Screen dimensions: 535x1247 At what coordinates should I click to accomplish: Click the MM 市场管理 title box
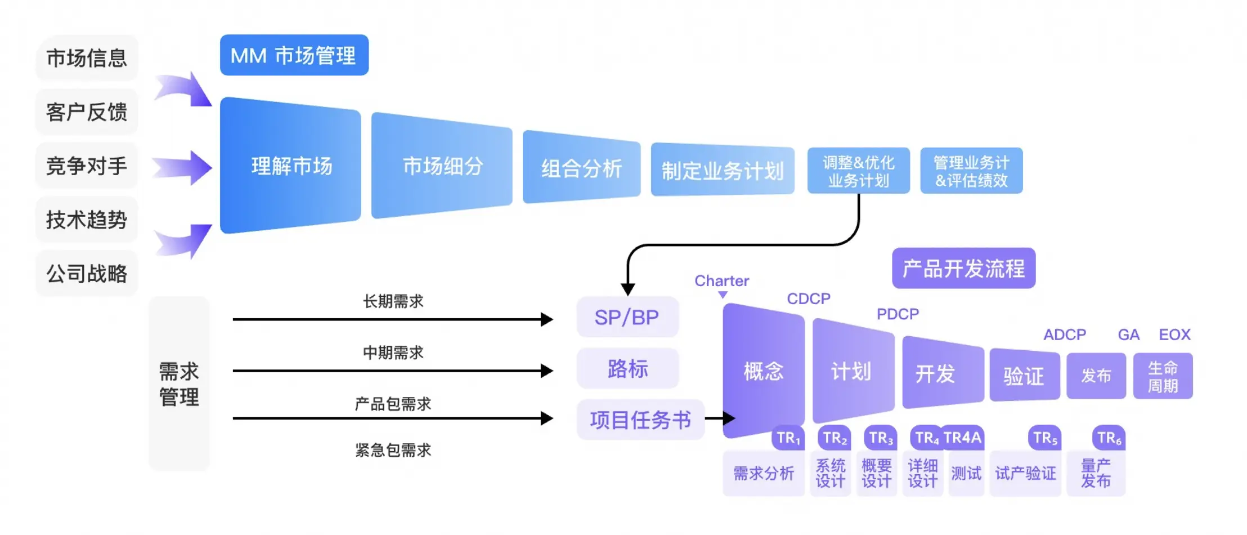tap(294, 55)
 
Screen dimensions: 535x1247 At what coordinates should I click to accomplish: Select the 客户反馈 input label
tap(87, 112)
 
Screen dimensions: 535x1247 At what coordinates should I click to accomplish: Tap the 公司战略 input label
tap(87, 274)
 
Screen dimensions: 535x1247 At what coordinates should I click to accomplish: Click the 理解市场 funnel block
tap(290, 166)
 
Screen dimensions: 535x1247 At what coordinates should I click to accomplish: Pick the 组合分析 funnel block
tap(581, 168)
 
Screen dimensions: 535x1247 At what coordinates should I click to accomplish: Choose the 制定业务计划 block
tap(723, 171)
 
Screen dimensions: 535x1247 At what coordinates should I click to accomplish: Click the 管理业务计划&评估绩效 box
tap(971, 171)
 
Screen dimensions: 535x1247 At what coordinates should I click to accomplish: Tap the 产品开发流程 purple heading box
tap(963, 269)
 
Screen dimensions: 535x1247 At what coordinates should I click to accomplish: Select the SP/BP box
tap(627, 317)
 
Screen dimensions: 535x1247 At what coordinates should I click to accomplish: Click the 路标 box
tap(627, 369)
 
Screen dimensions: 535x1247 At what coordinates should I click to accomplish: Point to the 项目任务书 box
tap(640, 420)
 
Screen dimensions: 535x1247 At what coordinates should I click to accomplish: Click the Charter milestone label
tap(721, 280)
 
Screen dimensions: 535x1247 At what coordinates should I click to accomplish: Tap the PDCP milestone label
tap(898, 314)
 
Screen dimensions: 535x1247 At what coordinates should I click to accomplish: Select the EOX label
tap(1174, 335)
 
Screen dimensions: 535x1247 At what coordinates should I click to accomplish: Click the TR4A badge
tap(962, 438)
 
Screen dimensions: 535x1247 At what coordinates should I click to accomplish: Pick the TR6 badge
tap(1109, 438)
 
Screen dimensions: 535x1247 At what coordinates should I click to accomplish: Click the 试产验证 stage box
tap(1025, 474)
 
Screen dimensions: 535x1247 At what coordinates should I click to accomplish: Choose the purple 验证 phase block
tap(1024, 376)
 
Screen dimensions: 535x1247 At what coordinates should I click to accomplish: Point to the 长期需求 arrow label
tap(393, 301)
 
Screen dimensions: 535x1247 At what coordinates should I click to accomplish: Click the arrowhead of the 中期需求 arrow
tap(546, 371)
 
